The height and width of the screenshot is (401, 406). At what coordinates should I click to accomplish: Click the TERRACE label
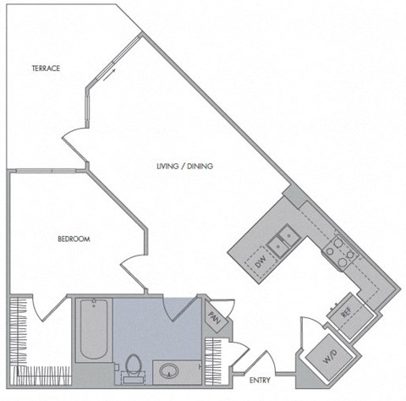45,69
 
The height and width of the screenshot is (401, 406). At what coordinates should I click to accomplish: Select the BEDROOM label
74,239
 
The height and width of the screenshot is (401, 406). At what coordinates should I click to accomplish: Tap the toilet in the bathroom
132,365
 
